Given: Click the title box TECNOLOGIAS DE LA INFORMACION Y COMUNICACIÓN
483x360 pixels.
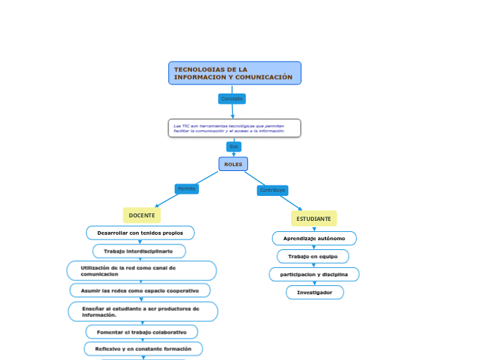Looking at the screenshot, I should click(234, 73).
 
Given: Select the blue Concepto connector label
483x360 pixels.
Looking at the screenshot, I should click(231, 99).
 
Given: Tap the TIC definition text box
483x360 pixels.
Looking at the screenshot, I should click(234, 128).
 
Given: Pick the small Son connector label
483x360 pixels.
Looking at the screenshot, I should click(234, 147).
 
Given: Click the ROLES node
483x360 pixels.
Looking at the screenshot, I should click(234, 164).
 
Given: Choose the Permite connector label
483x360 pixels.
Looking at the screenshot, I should click(186, 189).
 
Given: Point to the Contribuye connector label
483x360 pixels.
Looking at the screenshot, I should click(272, 190).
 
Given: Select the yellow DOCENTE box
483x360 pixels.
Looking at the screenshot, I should click(141, 216).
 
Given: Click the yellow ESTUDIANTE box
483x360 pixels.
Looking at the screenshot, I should click(313, 219).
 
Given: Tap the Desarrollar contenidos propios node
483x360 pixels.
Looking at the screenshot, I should click(140, 233).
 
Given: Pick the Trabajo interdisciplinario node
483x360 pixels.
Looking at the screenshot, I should click(139, 251).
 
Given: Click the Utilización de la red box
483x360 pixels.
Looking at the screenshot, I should click(141, 271).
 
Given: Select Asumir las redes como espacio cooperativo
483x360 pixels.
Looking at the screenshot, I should click(140, 290).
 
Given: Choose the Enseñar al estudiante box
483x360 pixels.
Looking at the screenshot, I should click(143, 312).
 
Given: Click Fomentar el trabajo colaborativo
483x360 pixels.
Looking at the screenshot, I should click(141, 332).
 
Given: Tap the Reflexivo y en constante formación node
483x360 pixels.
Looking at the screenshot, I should click(143, 348).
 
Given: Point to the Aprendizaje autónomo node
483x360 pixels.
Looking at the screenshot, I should click(314, 238).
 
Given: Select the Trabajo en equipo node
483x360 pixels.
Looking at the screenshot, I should click(313, 256).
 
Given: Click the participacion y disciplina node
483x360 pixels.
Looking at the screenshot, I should click(314, 274).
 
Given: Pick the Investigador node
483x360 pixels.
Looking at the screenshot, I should click(315, 292).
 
